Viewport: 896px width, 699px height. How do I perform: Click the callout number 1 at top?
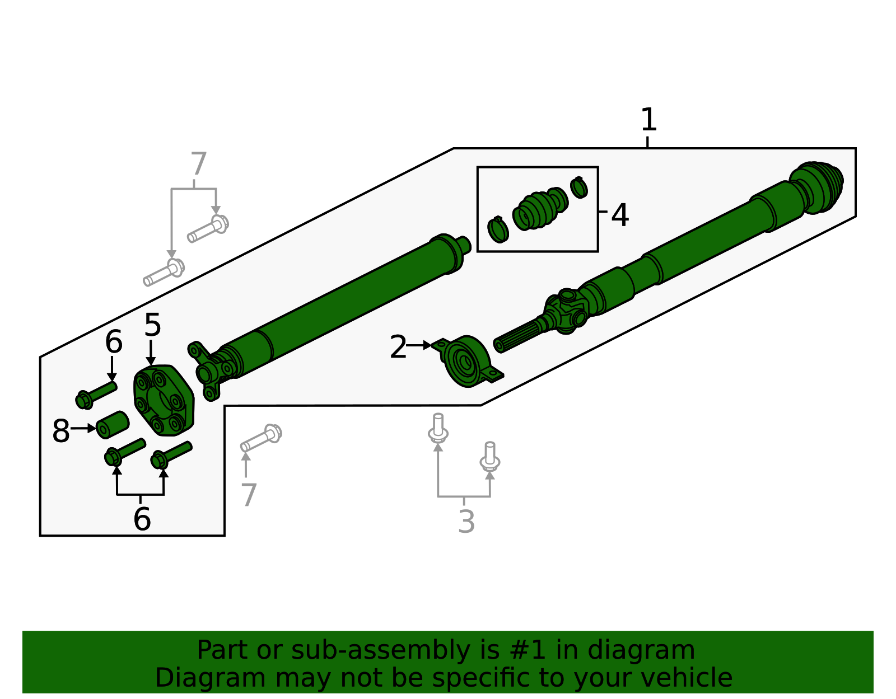coord(648,120)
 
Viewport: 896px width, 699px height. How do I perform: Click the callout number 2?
coord(398,347)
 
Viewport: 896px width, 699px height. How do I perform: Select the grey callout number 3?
coord(466,522)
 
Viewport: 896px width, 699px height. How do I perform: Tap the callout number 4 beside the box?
coord(619,215)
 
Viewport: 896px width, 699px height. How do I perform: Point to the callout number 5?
coord(152,325)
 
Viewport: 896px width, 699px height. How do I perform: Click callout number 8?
coord(60,431)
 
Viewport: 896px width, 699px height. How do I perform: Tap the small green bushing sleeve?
coord(113,425)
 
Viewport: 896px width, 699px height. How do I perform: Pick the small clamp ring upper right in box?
coord(579,187)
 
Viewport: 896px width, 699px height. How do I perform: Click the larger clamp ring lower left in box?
coord(498,229)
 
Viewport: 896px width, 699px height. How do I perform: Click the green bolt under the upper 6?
coord(96,393)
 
